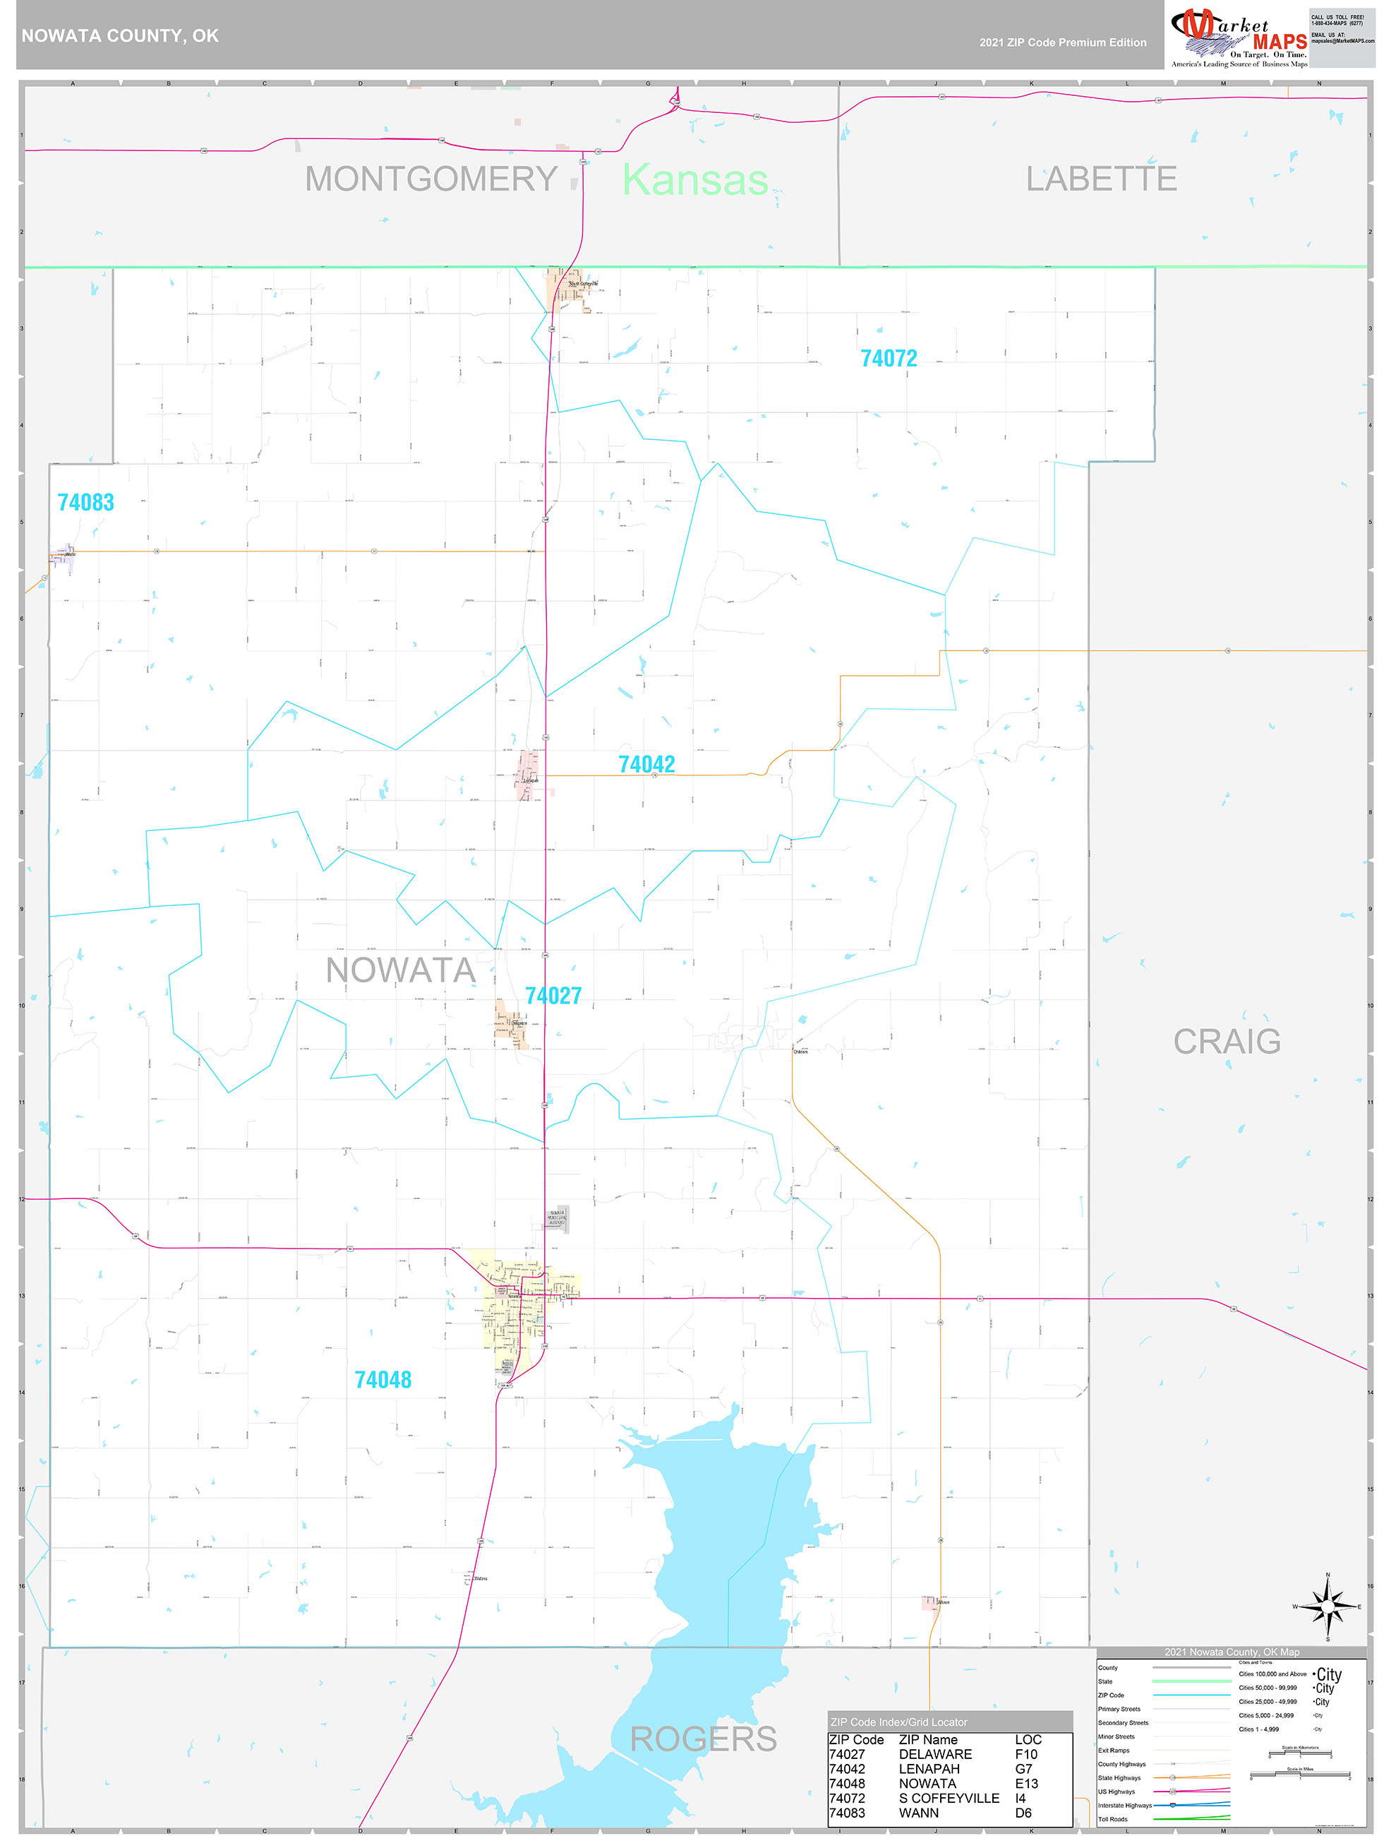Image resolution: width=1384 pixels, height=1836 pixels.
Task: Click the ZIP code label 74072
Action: click(889, 359)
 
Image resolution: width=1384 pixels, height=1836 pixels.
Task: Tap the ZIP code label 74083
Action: click(85, 502)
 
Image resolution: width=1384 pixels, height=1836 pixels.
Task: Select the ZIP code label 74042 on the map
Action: click(646, 765)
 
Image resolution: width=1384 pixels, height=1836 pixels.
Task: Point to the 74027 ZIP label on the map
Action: click(553, 995)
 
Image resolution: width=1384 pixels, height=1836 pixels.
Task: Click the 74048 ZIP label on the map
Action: click(383, 1380)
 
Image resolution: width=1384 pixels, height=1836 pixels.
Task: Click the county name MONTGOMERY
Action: click(431, 179)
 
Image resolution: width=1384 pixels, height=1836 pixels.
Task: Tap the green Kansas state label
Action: click(695, 179)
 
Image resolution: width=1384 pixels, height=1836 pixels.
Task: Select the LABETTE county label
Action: click(1101, 179)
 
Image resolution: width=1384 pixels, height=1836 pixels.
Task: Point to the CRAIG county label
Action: click(1227, 1041)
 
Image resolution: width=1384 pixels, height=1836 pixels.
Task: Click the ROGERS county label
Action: click(704, 1738)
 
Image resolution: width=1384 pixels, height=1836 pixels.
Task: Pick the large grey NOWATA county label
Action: click(400, 970)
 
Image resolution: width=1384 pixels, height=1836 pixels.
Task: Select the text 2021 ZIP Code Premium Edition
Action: click(1062, 42)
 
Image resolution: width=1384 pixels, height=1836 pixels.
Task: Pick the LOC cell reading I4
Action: click(1020, 1798)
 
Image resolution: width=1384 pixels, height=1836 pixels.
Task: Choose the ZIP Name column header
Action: click(927, 1739)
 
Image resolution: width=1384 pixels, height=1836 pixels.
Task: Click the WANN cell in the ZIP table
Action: click(918, 1813)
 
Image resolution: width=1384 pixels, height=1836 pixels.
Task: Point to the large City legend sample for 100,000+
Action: click(1328, 1674)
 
